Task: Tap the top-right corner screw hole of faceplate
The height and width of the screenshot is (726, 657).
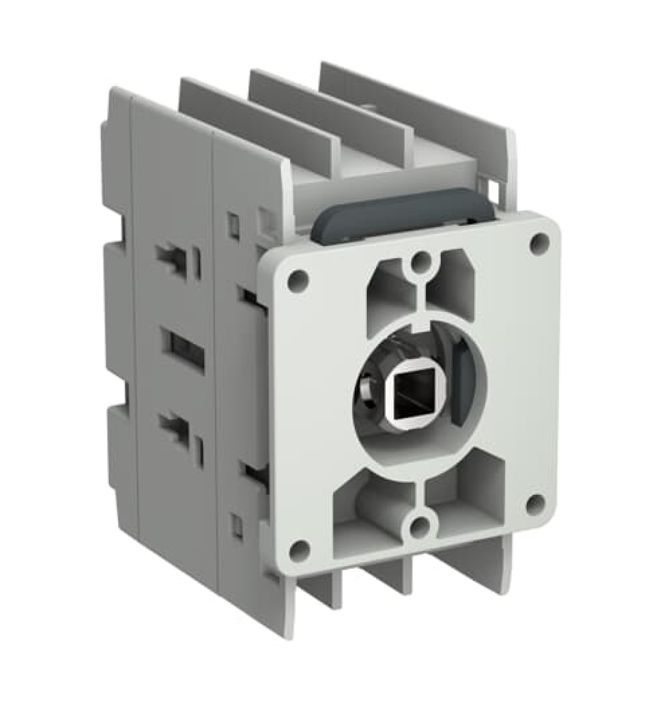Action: click(x=540, y=242)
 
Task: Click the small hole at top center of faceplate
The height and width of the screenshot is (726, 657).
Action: click(x=420, y=261)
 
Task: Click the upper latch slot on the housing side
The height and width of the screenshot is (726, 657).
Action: click(x=176, y=258)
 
